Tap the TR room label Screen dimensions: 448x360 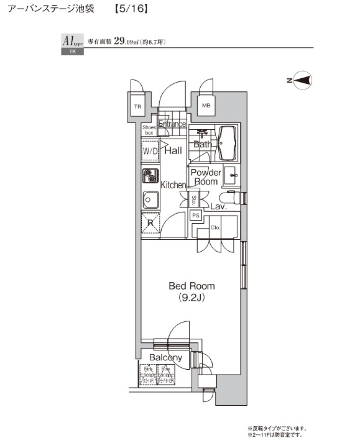coord(138,106)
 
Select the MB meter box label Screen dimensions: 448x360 coord(206,106)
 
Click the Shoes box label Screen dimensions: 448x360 coord(148,130)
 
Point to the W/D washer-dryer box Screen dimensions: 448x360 coord(150,151)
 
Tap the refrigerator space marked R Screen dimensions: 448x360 coord(150,223)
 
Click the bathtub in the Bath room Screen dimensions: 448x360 coord(228,143)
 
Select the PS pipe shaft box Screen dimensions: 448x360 coord(195,215)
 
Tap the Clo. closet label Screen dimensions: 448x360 coord(215,227)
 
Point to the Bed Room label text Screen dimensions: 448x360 coord(192,286)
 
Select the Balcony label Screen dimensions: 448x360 coord(165,357)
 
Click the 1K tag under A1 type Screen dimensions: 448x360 coord(72,52)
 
